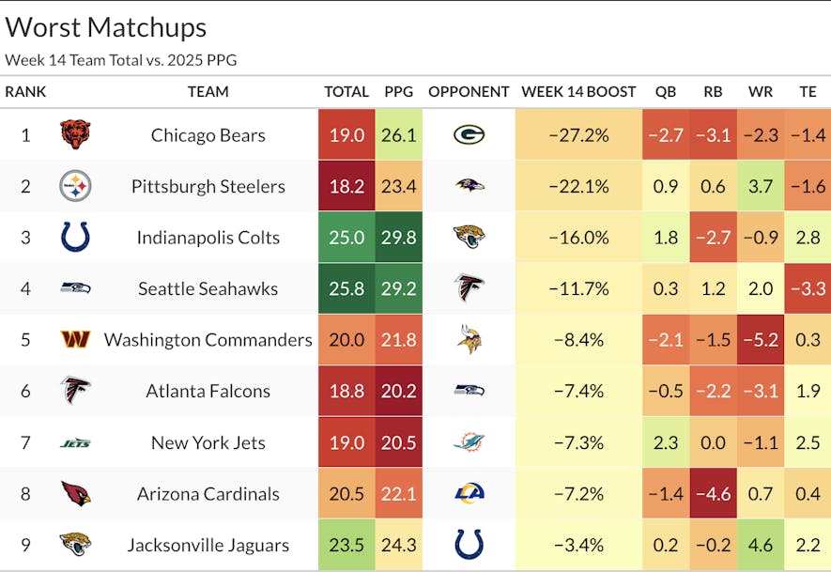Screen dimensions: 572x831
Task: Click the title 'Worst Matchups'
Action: click(x=106, y=27)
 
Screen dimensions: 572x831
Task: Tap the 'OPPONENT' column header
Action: click(x=469, y=92)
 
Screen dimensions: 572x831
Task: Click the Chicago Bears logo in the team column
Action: click(x=75, y=135)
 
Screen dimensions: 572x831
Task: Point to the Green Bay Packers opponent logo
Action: click(x=469, y=135)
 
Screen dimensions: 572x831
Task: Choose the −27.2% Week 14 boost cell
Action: click(x=578, y=135)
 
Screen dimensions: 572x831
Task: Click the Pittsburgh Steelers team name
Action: click(x=208, y=186)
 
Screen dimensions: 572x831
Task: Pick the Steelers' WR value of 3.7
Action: click(x=761, y=186)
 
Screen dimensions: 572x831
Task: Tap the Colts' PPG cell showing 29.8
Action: click(x=399, y=238)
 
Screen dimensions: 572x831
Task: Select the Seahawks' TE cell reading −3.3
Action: click(x=808, y=288)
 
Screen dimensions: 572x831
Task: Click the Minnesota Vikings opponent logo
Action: click(x=469, y=340)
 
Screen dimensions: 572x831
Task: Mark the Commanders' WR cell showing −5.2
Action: click(x=761, y=340)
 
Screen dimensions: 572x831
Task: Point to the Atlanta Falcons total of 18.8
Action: click(x=346, y=392)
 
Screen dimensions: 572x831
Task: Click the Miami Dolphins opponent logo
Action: click(x=469, y=442)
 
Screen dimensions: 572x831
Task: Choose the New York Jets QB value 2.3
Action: click(x=665, y=442)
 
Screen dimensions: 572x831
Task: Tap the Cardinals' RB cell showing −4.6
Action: click(x=713, y=494)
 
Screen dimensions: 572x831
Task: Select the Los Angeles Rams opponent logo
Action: click(x=469, y=494)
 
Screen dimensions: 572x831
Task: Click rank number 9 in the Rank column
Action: click(x=25, y=545)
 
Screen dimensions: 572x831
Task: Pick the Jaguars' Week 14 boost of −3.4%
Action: click(x=578, y=545)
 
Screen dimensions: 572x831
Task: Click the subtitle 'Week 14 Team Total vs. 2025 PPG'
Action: click(x=120, y=60)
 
